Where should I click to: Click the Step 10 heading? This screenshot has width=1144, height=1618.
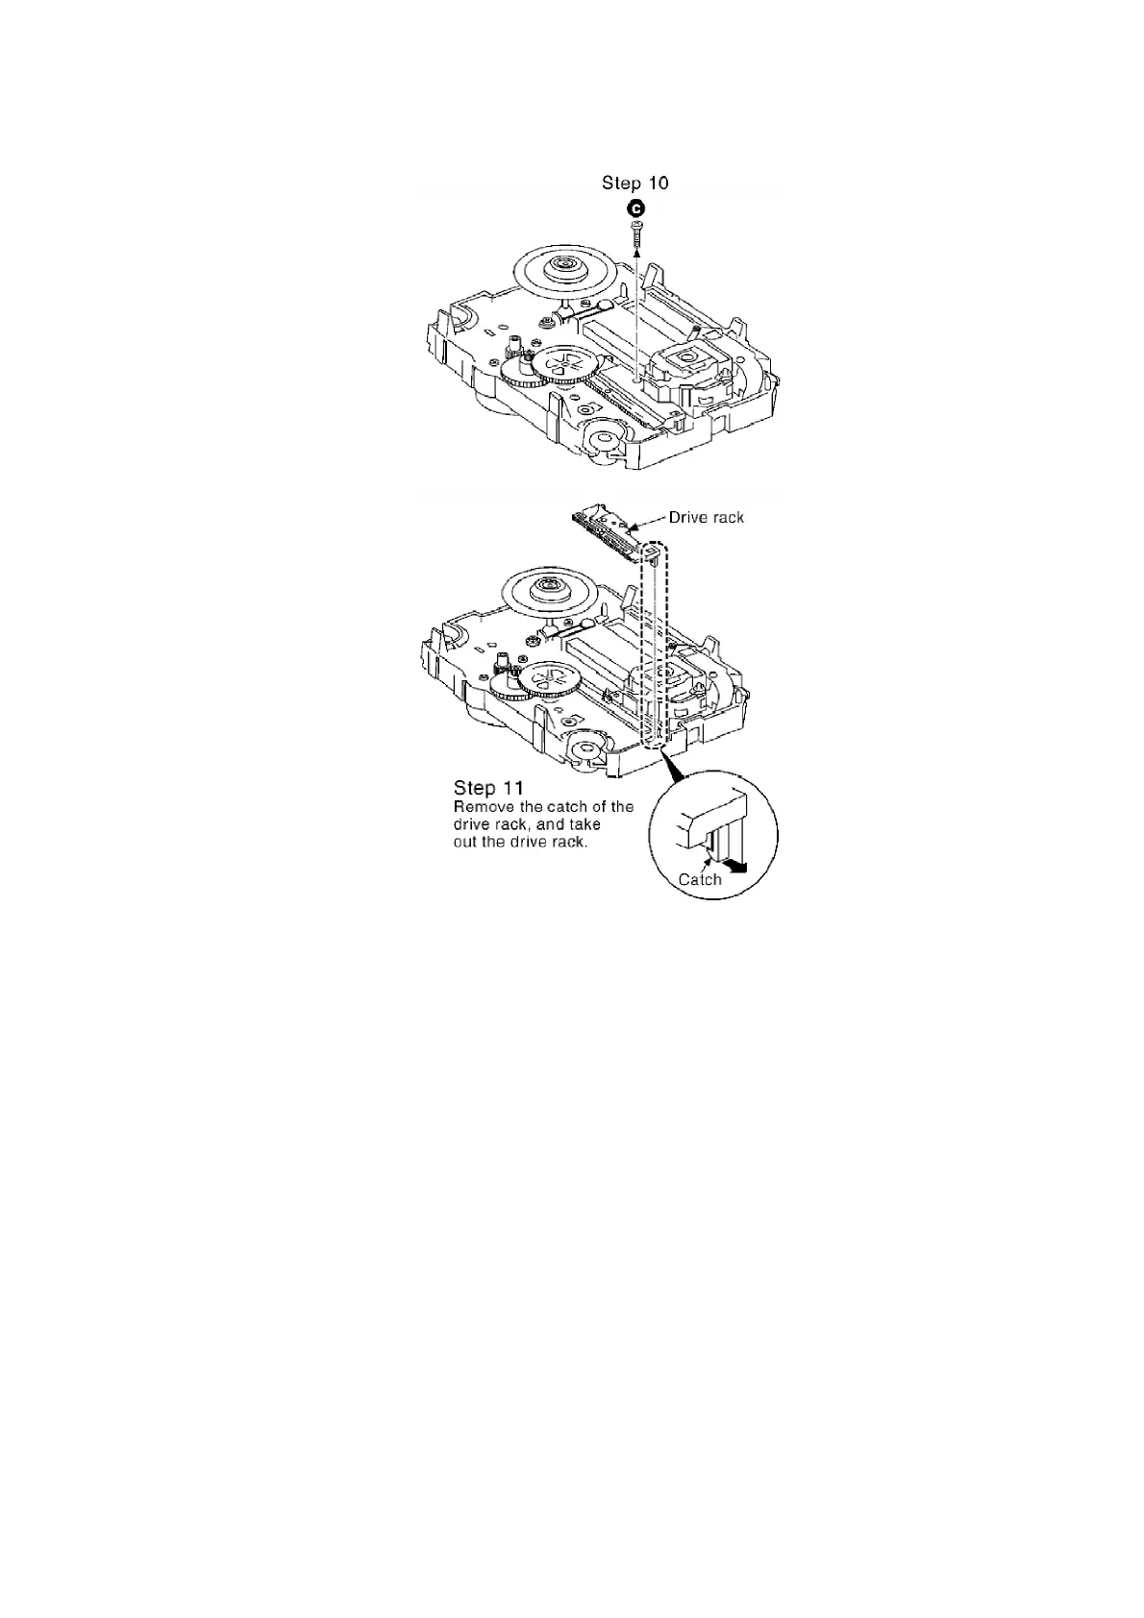pos(634,183)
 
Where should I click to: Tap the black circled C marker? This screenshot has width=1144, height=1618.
pos(635,208)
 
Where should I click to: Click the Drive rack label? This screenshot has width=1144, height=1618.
pos(706,517)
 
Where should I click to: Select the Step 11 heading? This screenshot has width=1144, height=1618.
pos(488,788)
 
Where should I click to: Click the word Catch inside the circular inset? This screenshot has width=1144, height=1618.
pos(700,879)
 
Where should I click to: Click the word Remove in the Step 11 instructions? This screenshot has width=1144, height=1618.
pos(483,807)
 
